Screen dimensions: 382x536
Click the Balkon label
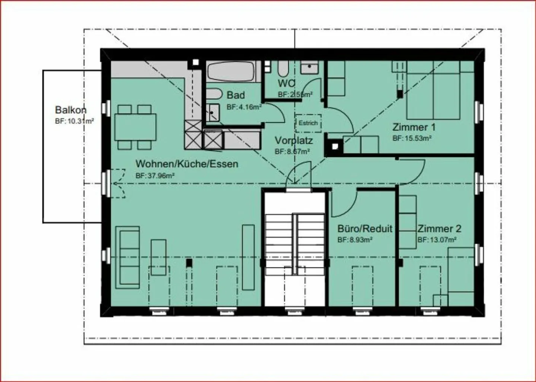tap(71, 110)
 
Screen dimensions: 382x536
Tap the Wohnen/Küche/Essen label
tap(186, 164)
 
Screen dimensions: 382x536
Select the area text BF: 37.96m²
tap(155, 176)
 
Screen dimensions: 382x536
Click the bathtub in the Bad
tap(231, 72)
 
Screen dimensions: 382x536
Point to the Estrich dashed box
tap(308, 123)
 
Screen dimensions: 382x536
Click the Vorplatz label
tap(294, 141)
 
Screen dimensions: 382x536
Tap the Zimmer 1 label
tap(414, 127)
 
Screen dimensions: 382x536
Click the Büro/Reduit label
tap(365, 229)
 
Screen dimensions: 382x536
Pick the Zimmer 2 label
tap(439, 229)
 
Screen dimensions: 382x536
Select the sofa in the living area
tap(128, 257)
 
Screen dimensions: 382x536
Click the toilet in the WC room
tap(283, 69)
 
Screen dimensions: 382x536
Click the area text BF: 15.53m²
tap(412, 139)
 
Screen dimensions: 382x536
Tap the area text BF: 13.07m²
tap(437, 240)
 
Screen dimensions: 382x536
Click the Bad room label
tap(236, 95)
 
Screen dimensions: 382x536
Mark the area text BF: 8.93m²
tap(355, 240)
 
